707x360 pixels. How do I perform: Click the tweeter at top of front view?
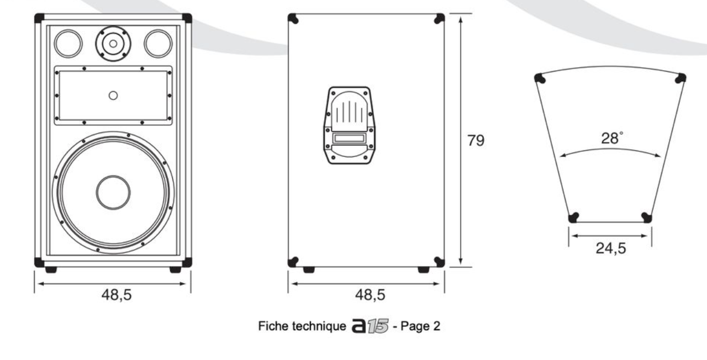pyautogui.click(x=113, y=44)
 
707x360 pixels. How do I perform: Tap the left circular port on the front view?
pyautogui.click(x=68, y=44)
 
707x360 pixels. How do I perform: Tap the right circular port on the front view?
pyautogui.click(x=158, y=44)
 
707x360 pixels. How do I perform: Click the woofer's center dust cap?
pyautogui.click(x=113, y=192)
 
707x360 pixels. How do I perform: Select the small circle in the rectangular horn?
pyautogui.click(x=113, y=96)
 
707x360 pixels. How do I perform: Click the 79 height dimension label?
pyautogui.click(x=476, y=140)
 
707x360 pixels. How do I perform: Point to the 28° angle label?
pyautogui.click(x=612, y=138)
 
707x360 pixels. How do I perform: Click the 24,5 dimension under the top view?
pyautogui.click(x=611, y=248)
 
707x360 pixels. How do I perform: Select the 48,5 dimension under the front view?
pyautogui.click(x=117, y=295)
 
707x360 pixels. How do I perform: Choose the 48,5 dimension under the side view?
pyautogui.click(x=370, y=295)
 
